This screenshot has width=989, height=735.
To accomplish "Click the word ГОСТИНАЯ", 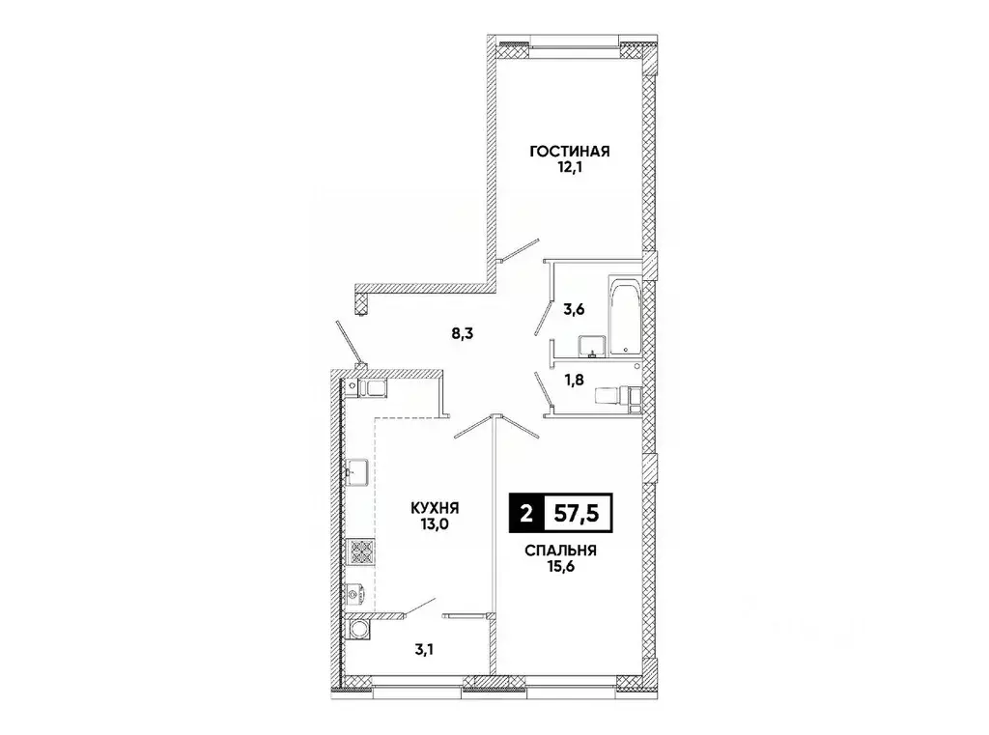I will (x=568, y=152).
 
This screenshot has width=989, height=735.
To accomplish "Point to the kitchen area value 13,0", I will (x=433, y=526).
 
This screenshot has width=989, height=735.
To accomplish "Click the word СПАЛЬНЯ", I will (x=560, y=551).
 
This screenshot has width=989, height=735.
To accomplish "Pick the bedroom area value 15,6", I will (x=560, y=569).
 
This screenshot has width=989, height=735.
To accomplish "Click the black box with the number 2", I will (x=525, y=514).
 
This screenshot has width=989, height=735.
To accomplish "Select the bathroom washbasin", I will (x=591, y=345).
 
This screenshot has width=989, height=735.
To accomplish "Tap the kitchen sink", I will (x=361, y=472).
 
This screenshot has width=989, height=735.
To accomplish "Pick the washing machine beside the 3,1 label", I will (x=361, y=629).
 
